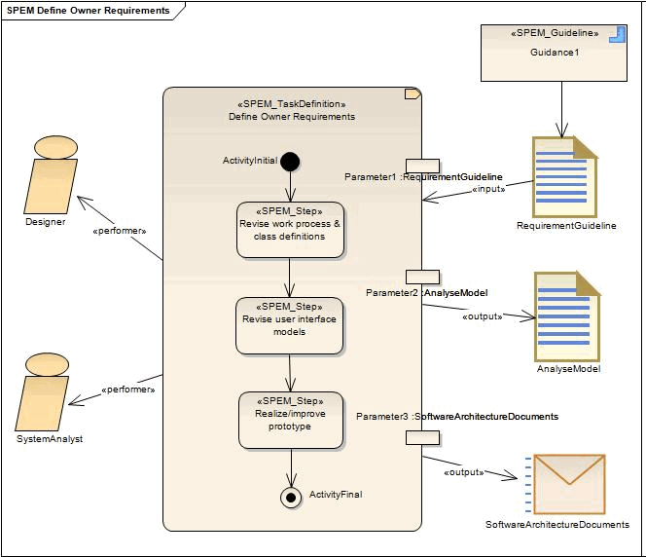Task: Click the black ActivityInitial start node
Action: (289, 161)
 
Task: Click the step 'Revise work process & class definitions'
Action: (290, 230)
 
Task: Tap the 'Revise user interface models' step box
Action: (289, 325)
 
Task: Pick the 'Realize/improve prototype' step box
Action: (290, 420)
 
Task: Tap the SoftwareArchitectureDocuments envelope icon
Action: (568, 484)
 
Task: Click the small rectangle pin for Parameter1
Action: (422, 166)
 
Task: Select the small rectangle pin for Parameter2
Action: (422, 277)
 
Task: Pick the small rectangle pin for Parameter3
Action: (422, 437)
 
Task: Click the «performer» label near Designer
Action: (119, 231)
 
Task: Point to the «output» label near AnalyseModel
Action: (482, 316)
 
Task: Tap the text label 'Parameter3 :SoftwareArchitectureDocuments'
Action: (457, 416)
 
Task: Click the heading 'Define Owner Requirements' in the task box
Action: (292, 117)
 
